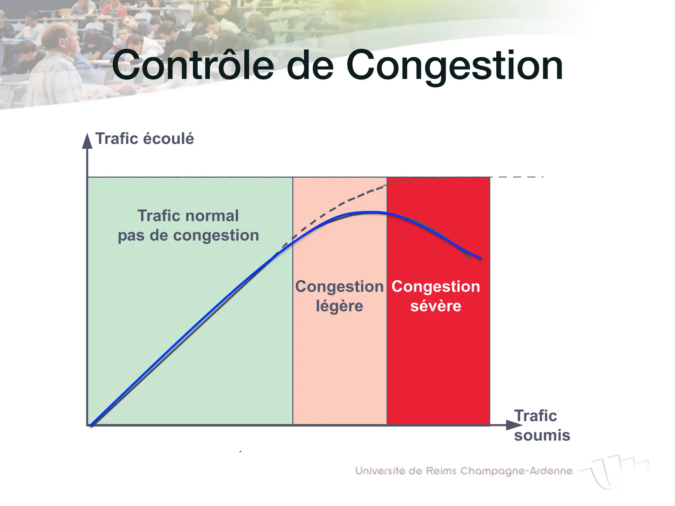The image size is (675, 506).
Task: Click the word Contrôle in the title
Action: tap(193, 65)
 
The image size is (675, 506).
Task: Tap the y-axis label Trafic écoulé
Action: tap(144, 139)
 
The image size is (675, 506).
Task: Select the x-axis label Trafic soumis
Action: tap(542, 426)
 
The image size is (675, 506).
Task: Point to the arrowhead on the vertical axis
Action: tap(87, 141)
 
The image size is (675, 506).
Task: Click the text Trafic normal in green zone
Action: tap(188, 216)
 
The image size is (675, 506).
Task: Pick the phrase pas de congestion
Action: tap(188, 236)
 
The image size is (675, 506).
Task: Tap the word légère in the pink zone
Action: tap(339, 306)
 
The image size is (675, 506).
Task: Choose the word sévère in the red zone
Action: tap(435, 306)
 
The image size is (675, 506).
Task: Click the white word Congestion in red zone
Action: tap(435, 286)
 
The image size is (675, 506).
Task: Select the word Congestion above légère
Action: tap(339, 286)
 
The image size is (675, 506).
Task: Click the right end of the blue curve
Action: tap(481, 258)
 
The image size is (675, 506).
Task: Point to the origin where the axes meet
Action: tap(88, 425)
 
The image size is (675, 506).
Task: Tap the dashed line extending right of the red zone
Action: tap(521, 177)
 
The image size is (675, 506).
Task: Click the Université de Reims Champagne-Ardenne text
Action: tap(463, 471)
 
